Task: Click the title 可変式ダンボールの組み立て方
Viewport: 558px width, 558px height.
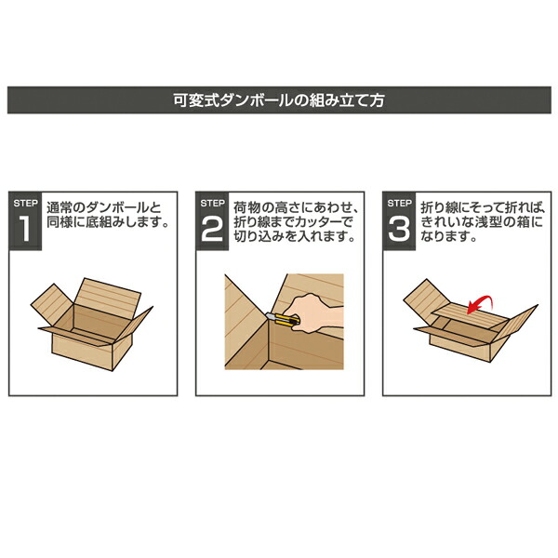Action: (279, 99)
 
